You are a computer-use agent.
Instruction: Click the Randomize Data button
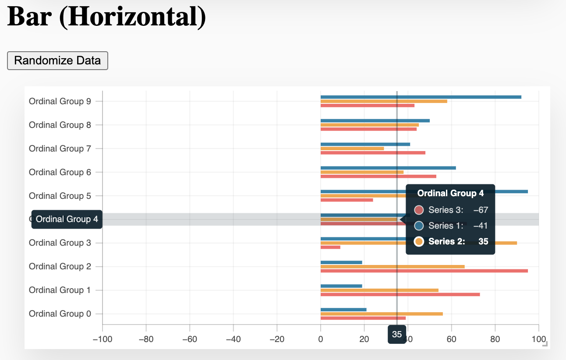pos(57,60)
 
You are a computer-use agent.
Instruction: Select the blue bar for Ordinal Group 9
pos(421,97)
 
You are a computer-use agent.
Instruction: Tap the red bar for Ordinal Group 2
pos(424,271)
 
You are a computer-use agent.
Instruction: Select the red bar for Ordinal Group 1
pos(400,294)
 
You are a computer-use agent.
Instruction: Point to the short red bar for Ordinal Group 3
pos(330,247)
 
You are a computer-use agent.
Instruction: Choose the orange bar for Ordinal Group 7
pos(352,148)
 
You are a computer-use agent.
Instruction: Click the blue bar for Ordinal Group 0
pos(343,310)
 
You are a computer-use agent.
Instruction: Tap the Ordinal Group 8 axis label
pos(60,125)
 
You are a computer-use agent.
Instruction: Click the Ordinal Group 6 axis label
pos(60,172)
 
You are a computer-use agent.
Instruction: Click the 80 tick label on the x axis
pos(495,339)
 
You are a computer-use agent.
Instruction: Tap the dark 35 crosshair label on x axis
pos(397,335)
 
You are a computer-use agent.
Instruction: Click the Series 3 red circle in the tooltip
pos(419,210)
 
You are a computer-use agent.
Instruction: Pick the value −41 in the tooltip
pos(480,226)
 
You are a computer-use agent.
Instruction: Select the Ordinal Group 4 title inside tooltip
pos(450,193)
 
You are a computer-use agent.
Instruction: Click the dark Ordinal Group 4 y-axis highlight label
pos(67,219)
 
